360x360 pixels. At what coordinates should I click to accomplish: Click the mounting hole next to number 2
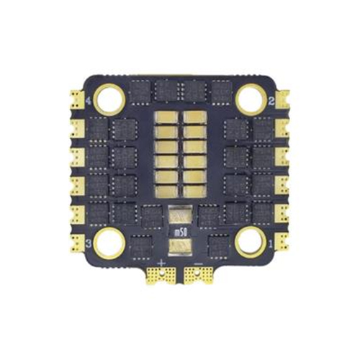pyautogui.click(x=251, y=99)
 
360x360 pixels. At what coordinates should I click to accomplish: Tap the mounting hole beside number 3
pyautogui.click(x=109, y=243)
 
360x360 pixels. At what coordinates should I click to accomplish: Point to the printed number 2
pyautogui.click(x=271, y=102)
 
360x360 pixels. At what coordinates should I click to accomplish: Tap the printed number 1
pyautogui.click(x=271, y=244)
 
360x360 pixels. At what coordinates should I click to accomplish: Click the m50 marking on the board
pyautogui.click(x=180, y=232)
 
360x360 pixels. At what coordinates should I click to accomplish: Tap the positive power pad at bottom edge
pyautogui.click(x=161, y=274)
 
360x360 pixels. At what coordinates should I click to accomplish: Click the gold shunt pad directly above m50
pyautogui.click(x=180, y=215)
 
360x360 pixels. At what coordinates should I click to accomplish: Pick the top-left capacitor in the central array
pyautogui.click(x=168, y=117)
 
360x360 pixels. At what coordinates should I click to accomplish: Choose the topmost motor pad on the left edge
pyautogui.click(x=77, y=99)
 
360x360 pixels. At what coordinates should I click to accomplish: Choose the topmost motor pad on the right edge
pyautogui.click(x=283, y=99)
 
